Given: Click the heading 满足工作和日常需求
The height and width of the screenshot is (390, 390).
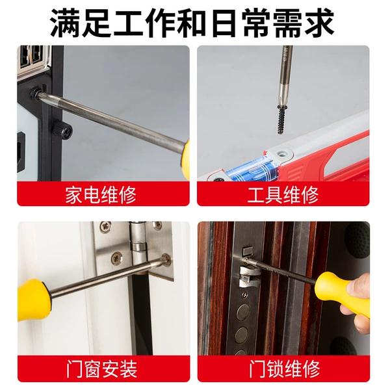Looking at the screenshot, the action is click(x=192, y=23).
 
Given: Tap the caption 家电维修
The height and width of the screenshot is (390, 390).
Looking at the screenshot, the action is click(x=101, y=195).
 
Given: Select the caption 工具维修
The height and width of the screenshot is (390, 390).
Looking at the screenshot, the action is click(x=283, y=195).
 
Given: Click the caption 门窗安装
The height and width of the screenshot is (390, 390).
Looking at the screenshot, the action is click(x=102, y=369).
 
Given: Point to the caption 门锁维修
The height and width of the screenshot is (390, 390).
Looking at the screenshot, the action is click(x=284, y=369).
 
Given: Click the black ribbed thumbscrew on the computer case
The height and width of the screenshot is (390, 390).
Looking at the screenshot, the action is click(x=62, y=130).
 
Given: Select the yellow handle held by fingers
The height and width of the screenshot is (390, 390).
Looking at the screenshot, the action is click(x=342, y=294).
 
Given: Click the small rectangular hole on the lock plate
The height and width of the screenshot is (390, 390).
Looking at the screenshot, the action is click(x=248, y=250).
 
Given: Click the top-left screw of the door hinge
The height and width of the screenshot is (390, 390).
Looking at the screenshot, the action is click(x=105, y=226).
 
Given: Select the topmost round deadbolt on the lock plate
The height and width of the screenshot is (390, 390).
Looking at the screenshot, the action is click(x=242, y=312).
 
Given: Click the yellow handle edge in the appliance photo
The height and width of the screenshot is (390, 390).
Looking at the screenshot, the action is click(x=185, y=159).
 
